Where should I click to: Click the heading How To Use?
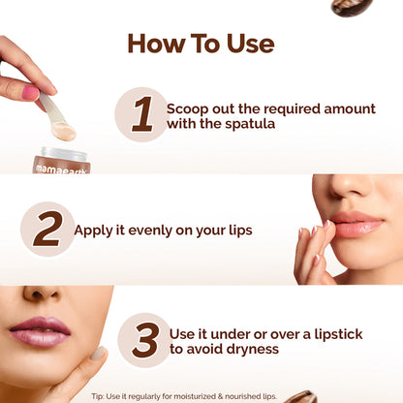(x=201, y=44)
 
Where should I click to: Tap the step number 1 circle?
(x=141, y=114)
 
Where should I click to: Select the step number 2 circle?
(x=47, y=230)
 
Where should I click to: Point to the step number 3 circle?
(x=145, y=340)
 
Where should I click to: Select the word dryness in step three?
(x=250, y=349)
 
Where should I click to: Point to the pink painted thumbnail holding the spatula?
(x=30, y=94)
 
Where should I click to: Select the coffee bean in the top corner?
(x=351, y=7)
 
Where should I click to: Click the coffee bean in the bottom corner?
(x=301, y=396)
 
